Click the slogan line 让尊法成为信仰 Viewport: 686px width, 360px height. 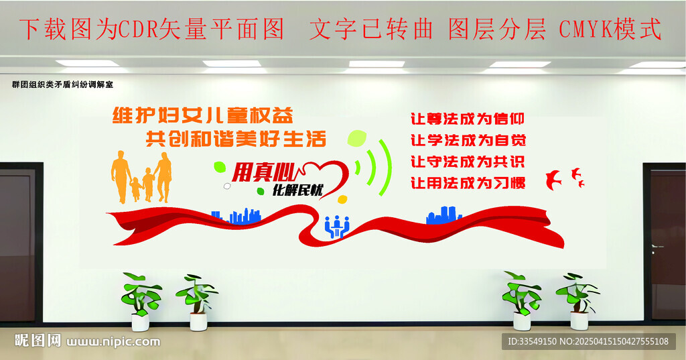[x=467, y=119]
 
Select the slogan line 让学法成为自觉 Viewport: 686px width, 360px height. [x=468, y=140]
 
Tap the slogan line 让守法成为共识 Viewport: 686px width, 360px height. [x=467, y=162]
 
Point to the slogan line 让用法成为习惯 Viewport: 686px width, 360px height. [x=468, y=182]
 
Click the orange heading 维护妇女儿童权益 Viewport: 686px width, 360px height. [x=202, y=115]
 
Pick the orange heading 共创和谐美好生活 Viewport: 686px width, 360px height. [x=236, y=139]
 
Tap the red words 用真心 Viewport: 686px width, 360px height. [x=264, y=172]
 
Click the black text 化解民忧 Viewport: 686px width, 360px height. [x=297, y=190]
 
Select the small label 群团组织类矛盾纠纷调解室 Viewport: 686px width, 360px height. [x=62, y=84]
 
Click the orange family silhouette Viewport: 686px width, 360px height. [x=141, y=178]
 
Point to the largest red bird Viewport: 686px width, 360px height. [x=553, y=180]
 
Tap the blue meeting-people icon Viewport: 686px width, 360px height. [x=337, y=227]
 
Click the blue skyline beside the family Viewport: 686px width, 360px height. [x=236, y=216]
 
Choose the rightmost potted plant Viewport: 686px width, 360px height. [x=578, y=301]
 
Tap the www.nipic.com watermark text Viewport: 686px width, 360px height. [x=113, y=342]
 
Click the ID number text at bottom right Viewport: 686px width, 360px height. [x=588, y=341]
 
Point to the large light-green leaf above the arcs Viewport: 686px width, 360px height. [x=357, y=138]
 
